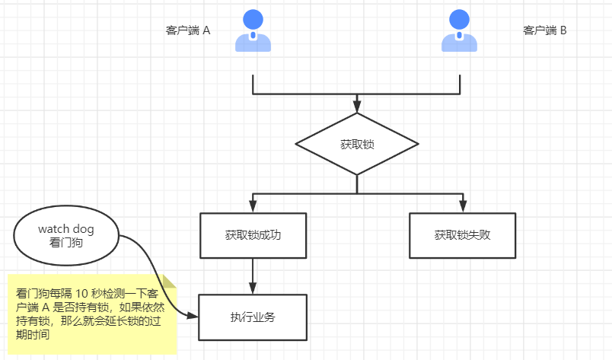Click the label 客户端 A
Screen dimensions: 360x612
187,30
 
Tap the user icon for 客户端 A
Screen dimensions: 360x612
253,31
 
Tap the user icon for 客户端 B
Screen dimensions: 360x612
460,31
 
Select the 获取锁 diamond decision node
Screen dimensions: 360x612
357,145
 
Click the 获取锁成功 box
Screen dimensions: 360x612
253,234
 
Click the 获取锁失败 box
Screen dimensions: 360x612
462,234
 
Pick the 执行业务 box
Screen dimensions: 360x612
253,317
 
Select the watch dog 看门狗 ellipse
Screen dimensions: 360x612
66,236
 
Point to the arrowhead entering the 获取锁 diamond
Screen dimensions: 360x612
357,107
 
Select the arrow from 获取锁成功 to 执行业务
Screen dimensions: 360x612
253,274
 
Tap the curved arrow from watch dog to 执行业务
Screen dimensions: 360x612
156,274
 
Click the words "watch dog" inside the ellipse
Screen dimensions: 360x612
66,228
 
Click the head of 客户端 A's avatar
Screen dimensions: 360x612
253,19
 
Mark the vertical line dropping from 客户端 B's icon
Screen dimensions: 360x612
461,84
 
